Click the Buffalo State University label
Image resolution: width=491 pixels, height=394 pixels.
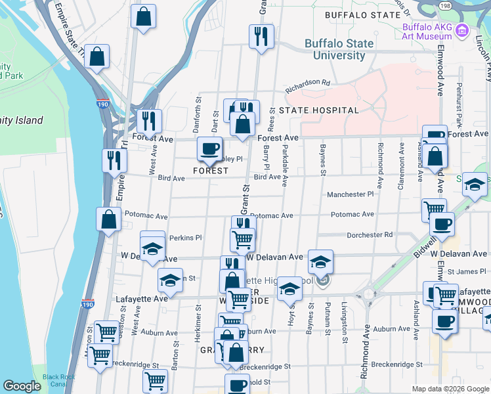[339, 50]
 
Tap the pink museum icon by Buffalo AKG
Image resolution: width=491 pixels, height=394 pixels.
[462, 30]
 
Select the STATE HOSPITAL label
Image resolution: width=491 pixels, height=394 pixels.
[318, 110]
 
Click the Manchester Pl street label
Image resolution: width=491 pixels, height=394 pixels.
[352, 194]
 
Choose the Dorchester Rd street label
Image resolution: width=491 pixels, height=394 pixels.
[369, 234]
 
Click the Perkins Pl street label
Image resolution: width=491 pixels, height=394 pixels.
[184, 237]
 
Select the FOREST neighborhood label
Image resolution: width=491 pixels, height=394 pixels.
[211, 171]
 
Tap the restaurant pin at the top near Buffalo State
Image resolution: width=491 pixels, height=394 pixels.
[261, 35]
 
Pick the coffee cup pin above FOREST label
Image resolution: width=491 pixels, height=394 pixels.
[209, 148]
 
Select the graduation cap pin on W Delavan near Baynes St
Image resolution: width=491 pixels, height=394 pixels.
[320, 262]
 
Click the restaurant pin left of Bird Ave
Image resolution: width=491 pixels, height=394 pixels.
[114, 160]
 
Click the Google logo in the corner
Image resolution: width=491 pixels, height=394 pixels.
[22, 386]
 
